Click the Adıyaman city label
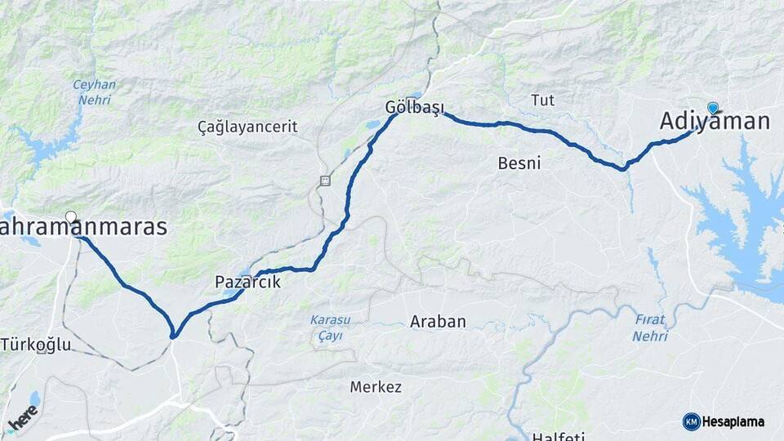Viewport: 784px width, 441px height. (715, 122)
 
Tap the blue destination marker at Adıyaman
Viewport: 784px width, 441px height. (713, 107)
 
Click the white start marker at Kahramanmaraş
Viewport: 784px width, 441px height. (71, 217)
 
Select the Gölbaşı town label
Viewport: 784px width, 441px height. (413, 107)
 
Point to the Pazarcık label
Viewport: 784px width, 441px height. (247, 282)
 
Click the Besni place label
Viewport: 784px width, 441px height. (519, 163)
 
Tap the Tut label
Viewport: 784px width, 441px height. (542, 100)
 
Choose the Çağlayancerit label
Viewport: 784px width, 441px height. (247, 127)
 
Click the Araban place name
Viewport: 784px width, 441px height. (438, 322)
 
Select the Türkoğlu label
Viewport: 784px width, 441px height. (36, 345)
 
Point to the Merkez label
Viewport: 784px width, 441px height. (376, 387)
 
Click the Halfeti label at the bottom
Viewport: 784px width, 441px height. (558, 436)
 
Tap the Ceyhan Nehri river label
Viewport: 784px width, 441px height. (95, 91)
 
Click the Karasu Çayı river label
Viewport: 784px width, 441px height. (327, 327)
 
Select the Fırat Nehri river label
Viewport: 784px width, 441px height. (651, 328)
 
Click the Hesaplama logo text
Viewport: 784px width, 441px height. (733, 422)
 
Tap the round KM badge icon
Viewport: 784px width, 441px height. (691, 422)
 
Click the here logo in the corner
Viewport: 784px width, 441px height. (23, 418)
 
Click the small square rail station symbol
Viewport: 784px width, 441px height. (325, 180)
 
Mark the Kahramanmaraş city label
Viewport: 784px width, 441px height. (83, 228)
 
